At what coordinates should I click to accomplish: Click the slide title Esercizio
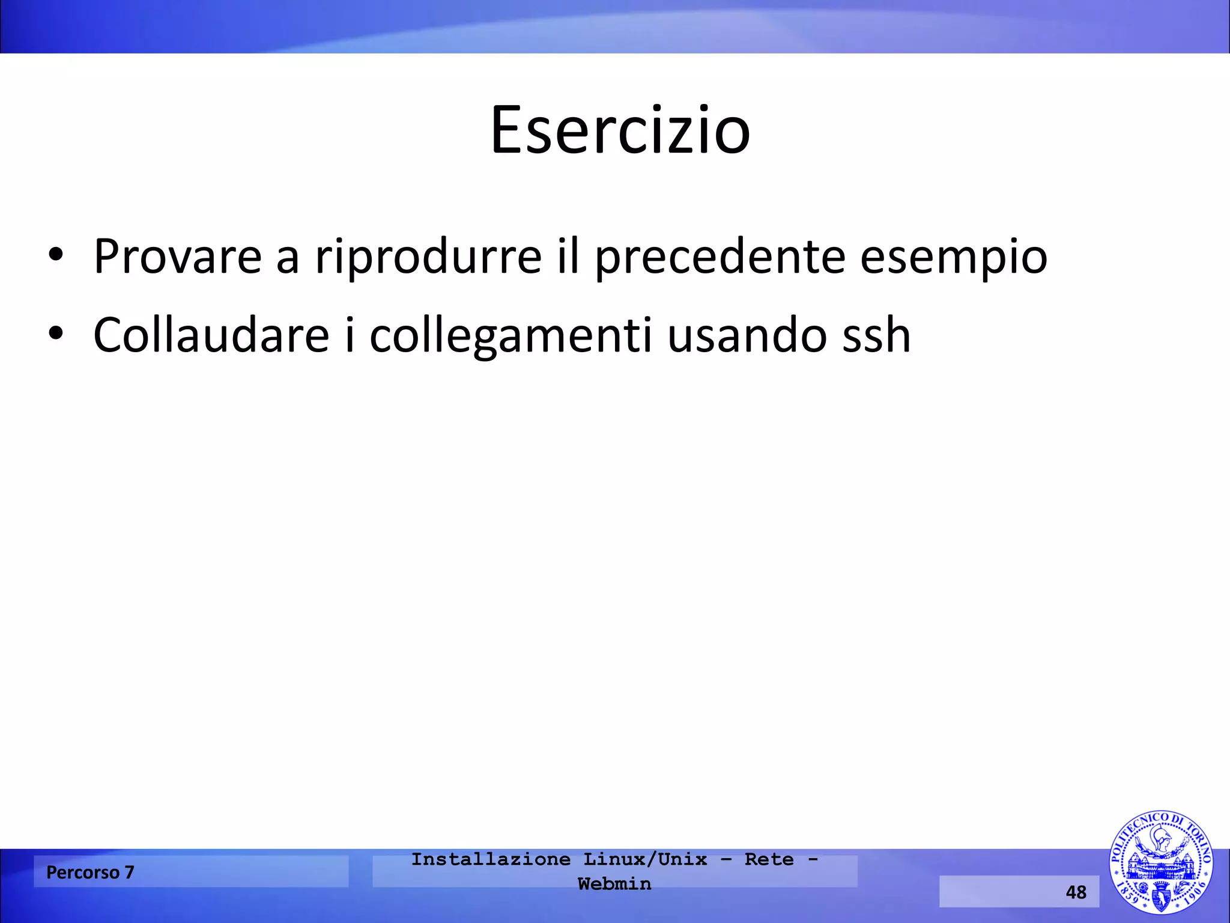coord(620,130)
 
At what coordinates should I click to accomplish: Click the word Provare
coord(178,257)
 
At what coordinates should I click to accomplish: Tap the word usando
coord(747,335)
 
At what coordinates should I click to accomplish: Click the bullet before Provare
coord(56,255)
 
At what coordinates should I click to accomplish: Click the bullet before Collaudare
coord(56,334)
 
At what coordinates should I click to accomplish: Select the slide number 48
coord(1076,892)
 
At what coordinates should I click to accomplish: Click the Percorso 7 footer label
coord(90,872)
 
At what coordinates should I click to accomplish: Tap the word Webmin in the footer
coord(614,884)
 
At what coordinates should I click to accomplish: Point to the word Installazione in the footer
coord(491,859)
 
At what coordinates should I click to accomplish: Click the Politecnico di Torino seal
coord(1160,862)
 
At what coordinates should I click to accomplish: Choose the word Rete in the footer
coord(769,859)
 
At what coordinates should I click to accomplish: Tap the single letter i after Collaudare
coord(350,335)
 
